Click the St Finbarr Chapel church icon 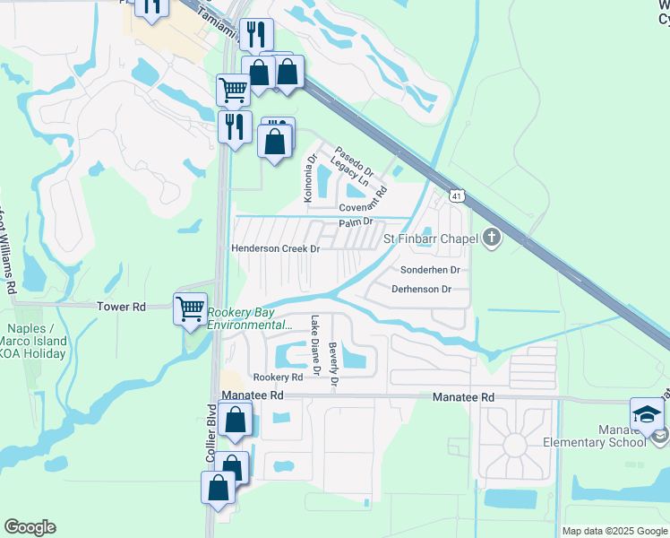click(x=490, y=239)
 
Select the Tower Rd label click(x=121, y=307)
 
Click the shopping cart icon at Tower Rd click(x=190, y=309)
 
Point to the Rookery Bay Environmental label click(x=250, y=319)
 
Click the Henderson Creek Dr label click(x=276, y=248)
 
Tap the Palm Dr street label click(x=355, y=222)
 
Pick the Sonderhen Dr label click(x=430, y=269)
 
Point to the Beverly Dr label click(x=333, y=366)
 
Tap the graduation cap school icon click(x=647, y=413)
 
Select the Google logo click(x=30, y=527)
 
